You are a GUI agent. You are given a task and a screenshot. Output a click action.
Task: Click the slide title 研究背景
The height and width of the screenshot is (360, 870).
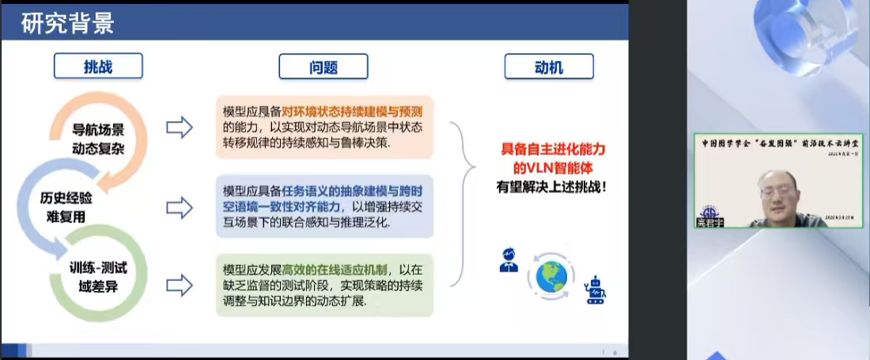pos(68,23)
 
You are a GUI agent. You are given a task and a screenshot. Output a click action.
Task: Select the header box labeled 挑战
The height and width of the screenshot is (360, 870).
pos(98,66)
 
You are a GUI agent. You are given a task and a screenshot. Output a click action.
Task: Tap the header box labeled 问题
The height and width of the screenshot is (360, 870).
pos(323,66)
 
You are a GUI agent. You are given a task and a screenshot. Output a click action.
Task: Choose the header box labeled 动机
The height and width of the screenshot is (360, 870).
pos(548,67)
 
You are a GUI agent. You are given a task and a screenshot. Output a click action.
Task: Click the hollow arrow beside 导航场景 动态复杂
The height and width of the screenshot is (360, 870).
pos(180,127)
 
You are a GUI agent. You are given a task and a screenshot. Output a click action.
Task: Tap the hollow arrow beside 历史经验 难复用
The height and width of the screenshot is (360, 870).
pos(180,207)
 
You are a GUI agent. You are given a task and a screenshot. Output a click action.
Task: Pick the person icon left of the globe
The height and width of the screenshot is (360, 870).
pos(509,260)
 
